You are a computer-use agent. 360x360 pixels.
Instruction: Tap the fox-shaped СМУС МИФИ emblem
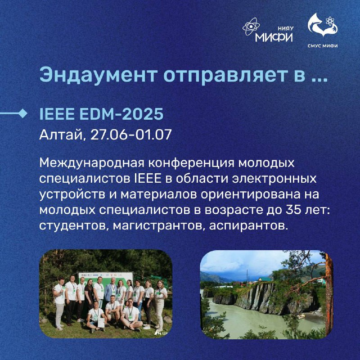[323, 25]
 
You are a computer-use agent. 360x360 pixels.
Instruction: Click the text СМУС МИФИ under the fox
[323, 46]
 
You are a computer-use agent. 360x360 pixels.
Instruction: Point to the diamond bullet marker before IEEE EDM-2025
[22, 113]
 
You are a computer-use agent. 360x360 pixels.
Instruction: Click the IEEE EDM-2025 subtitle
[101, 114]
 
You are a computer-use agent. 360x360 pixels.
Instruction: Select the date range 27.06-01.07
[131, 135]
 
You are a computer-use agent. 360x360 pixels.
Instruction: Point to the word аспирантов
[248, 226]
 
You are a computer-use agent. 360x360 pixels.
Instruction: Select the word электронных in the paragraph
[274, 179]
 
